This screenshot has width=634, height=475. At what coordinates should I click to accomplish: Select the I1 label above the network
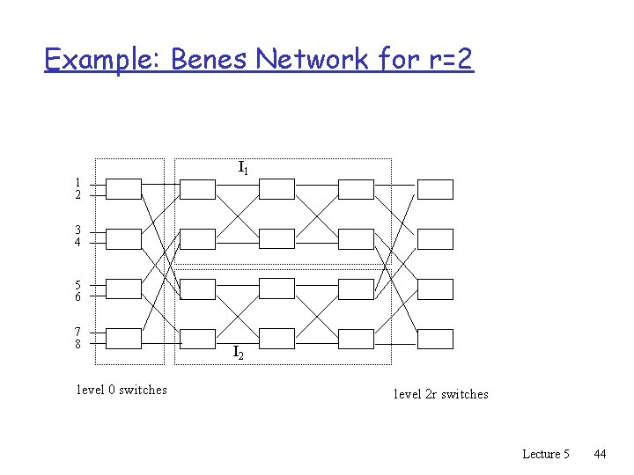pyautogui.click(x=243, y=166)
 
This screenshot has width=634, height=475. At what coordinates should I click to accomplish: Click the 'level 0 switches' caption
pyautogui.click(x=122, y=390)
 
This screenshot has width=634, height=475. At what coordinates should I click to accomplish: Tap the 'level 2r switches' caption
pyautogui.click(x=440, y=394)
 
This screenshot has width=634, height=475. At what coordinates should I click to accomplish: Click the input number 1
pyautogui.click(x=77, y=182)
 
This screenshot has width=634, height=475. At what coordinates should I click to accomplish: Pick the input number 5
pyautogui.click(x=77, y=283)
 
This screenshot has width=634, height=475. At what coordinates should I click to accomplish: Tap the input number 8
pyautogui.click(x=77, y=344)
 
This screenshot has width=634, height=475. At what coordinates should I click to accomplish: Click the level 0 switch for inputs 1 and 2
pyautogui.click(x=123, y=189)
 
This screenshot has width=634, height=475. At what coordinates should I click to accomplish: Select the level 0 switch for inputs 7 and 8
pyautogui.click(x=123, y=339)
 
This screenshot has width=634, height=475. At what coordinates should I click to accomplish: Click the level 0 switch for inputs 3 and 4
pyautogui.click(x=123, y=238)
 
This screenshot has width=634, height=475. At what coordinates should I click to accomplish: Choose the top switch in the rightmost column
pyautogui.click(x=435, y=189)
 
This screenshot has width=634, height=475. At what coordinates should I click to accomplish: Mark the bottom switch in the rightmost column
pyautogui.click(x=435, y=339)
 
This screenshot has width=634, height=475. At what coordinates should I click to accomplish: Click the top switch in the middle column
pyautogui.click(x=276, y=189)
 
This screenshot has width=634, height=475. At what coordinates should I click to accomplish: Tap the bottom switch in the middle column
pyautogui.click(x=276, y=339)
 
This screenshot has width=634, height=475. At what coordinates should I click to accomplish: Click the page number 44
pyautogui.click(x=600, y=454)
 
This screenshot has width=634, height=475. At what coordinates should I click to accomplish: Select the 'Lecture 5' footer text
pyautogui.click(x=546, y=454)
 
